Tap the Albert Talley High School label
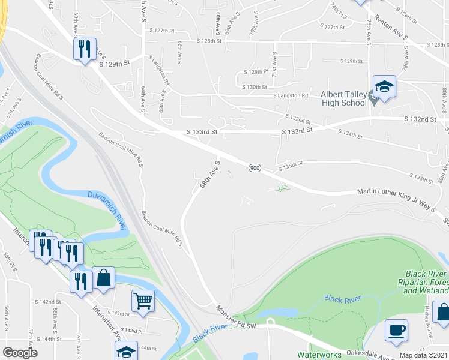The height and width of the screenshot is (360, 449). [343, 98]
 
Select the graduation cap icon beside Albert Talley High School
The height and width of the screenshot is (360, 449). [384, 86]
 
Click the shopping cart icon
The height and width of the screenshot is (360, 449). [143, 301]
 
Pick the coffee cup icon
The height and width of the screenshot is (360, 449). [396, 331]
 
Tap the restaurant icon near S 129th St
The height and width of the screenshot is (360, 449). [85, 47]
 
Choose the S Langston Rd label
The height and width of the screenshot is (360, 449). [291, 95]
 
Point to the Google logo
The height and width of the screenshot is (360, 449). [20, 353]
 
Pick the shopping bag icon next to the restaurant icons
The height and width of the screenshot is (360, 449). [104, 278]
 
